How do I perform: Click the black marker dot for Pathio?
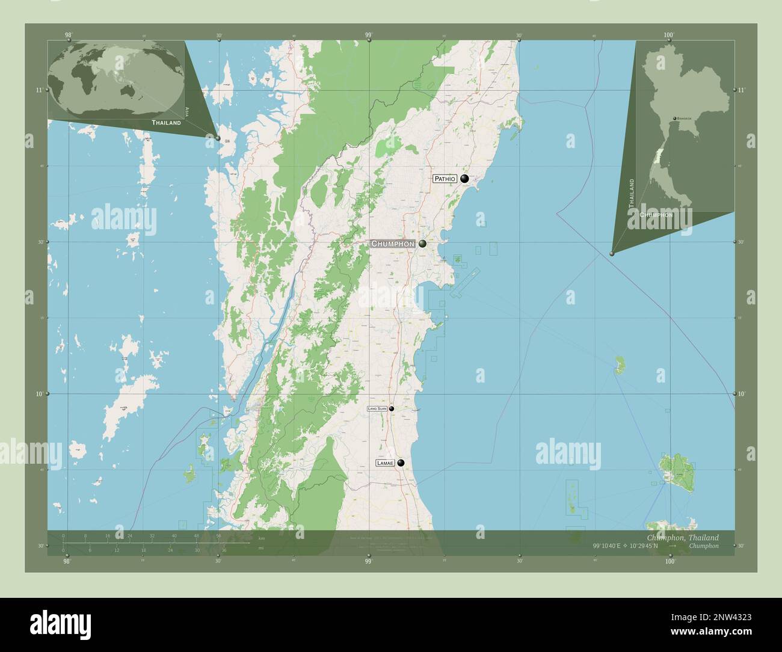[x=464, y=179]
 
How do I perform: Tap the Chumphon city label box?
[x=392, y=244]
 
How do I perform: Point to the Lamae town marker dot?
[x=401, y=463]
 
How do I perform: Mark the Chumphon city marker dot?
[x=423, y=244]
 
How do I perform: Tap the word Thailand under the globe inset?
[x=166, y=123]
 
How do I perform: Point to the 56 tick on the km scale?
[x=219, y=535]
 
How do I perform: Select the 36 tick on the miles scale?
[x=223, y=550]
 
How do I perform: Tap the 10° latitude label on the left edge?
[x=39, y=394]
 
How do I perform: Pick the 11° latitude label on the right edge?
[x=741, y=90]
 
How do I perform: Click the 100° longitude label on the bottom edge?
[x=670, y=561]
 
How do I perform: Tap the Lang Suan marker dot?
[x=392, y=409]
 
